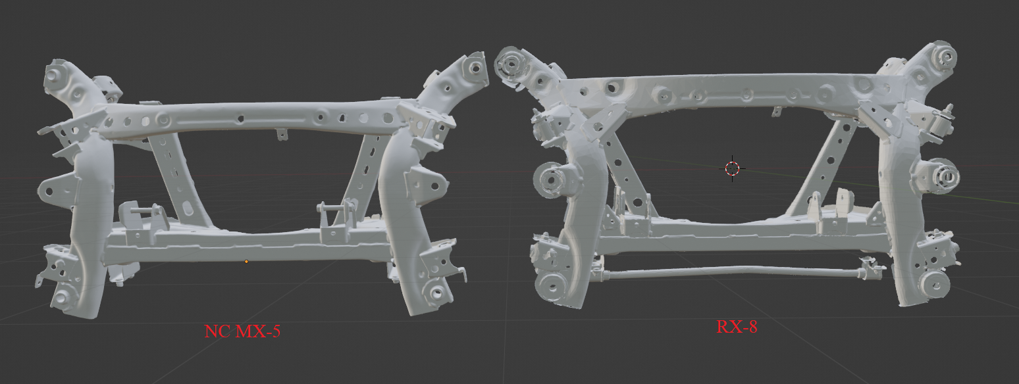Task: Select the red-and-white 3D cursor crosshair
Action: tap(732, 168)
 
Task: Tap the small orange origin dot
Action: tap(246, 262)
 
